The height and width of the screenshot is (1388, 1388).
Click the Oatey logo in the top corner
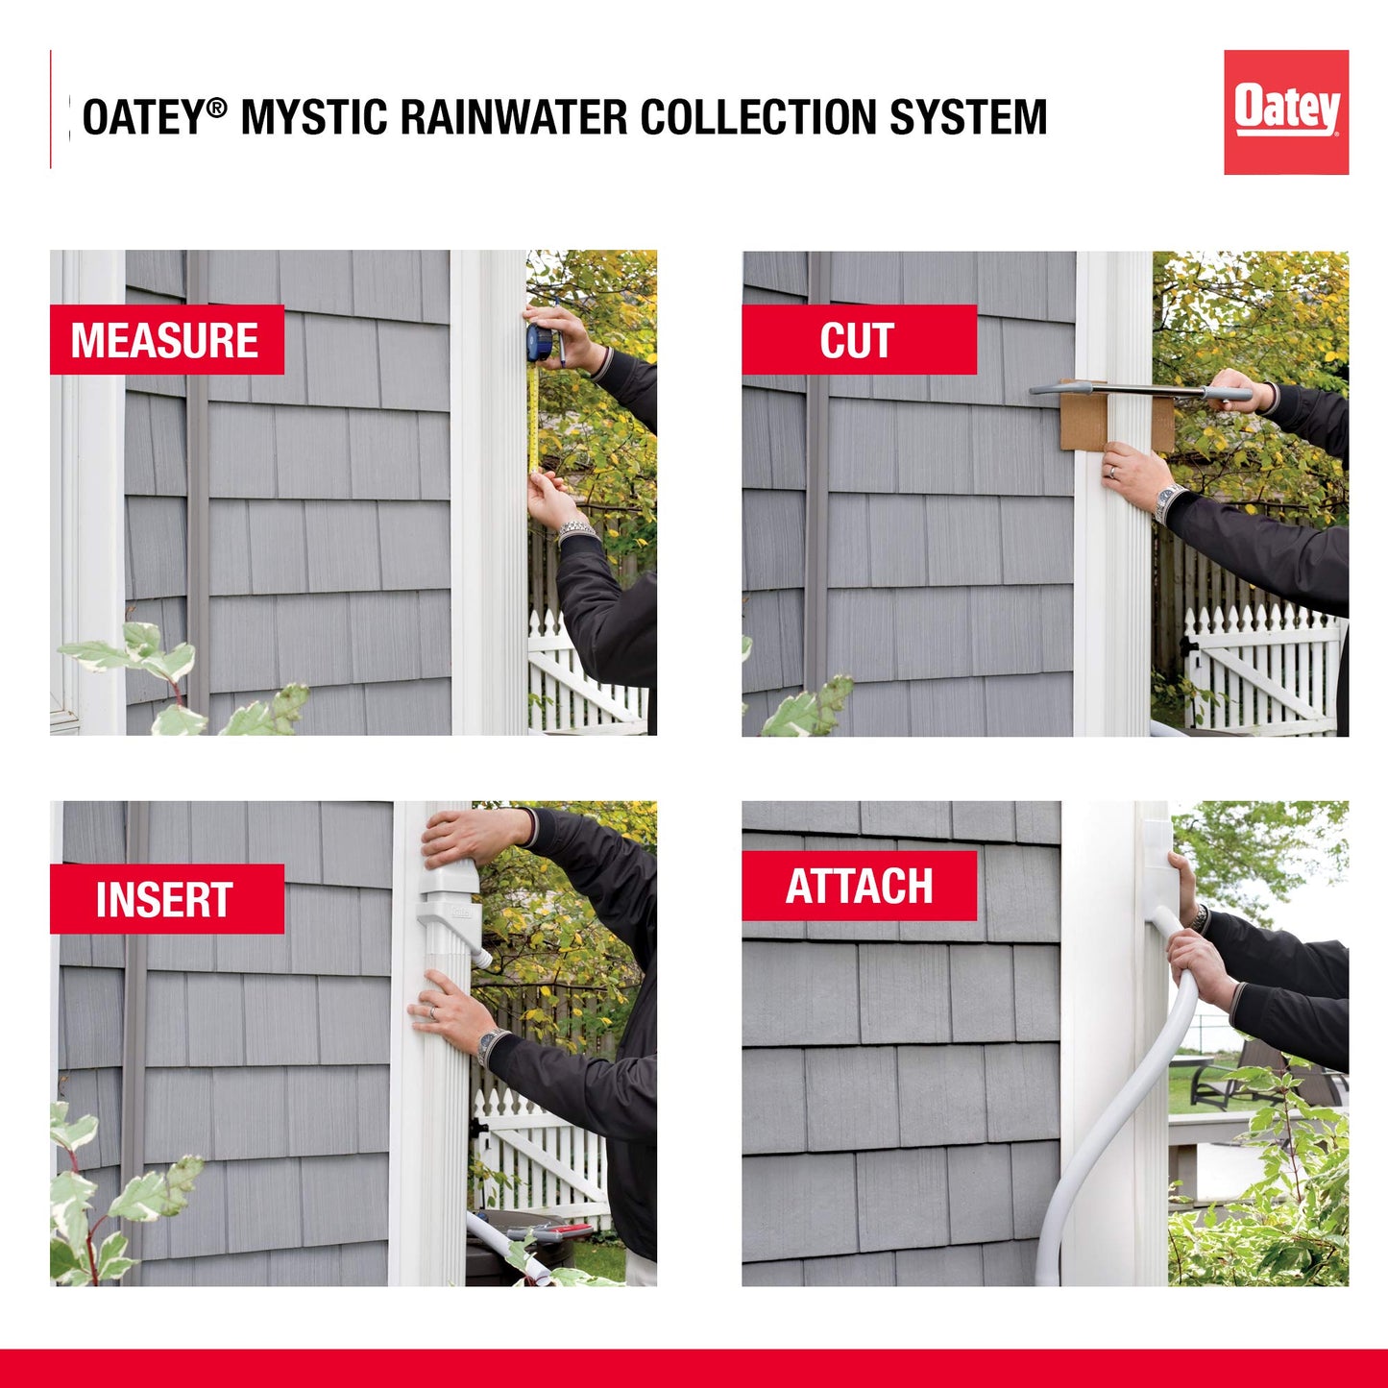tap(1285, 112)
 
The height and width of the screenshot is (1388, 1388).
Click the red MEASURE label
tap(166, 340)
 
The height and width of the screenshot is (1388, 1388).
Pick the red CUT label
tap(858, 340)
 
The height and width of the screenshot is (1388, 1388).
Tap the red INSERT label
tap(166, 899)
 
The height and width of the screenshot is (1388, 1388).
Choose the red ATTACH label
tap(859, 886)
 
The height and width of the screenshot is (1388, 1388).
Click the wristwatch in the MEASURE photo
tap(575, 529)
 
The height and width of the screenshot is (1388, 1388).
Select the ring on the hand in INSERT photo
tap(432, 1012)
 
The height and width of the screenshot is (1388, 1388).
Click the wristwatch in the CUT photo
tap(1168, 501)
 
